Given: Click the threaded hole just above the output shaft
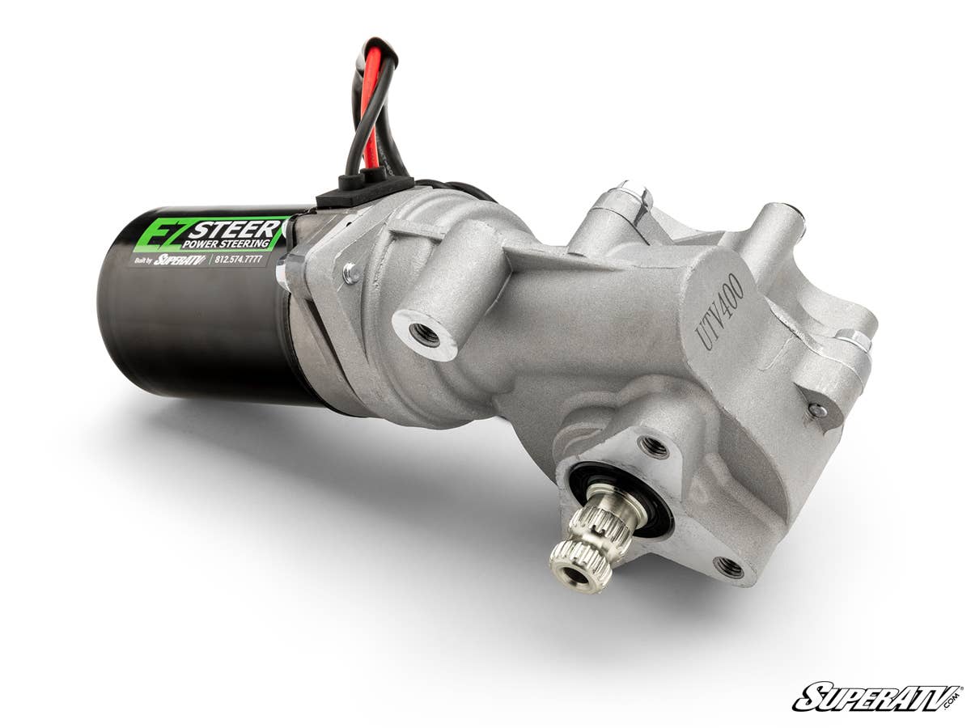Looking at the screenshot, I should [653, 446].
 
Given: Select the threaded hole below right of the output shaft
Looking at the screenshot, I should [728, 566].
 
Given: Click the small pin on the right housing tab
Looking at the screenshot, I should [818, 410].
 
